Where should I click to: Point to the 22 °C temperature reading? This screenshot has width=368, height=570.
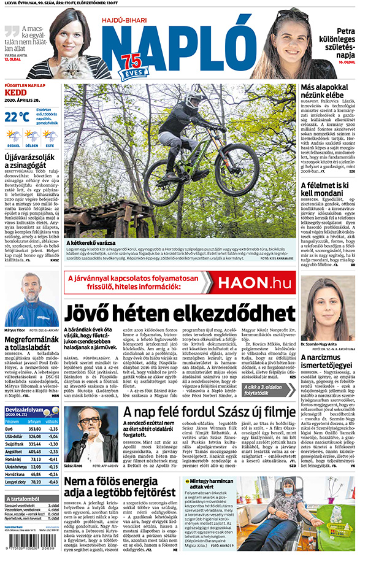(17, 116)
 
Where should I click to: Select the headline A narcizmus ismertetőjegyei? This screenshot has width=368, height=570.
(328, 361)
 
